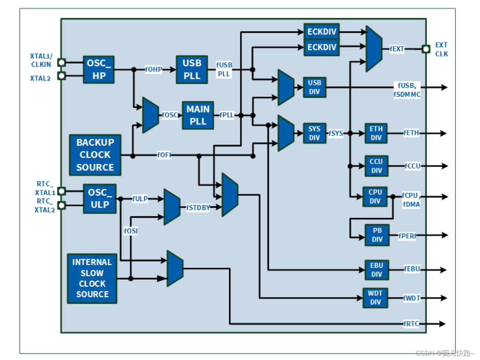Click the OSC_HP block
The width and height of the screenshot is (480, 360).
99,70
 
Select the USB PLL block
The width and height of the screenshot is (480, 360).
191,70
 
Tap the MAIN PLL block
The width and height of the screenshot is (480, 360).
198,115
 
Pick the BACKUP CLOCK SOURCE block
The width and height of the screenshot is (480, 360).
95,155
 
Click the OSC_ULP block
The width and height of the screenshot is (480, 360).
100,199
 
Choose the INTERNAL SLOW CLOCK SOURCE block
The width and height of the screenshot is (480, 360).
92,279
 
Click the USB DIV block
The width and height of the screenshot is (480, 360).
314,87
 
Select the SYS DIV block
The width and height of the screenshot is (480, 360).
314,133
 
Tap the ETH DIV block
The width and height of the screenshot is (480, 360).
376,133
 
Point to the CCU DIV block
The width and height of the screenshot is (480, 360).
376,166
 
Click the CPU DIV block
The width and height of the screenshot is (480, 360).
375,197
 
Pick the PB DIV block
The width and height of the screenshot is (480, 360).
377,235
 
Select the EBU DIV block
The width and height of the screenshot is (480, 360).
377,270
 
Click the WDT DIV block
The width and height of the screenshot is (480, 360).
375,298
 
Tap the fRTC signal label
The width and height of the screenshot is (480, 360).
411,324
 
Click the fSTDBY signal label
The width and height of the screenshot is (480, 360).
198,208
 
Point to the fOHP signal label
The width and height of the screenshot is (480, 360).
154,69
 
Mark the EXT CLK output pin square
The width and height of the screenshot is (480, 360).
426,49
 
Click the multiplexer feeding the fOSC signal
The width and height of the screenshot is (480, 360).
151,115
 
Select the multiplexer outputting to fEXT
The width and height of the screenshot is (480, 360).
374,49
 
